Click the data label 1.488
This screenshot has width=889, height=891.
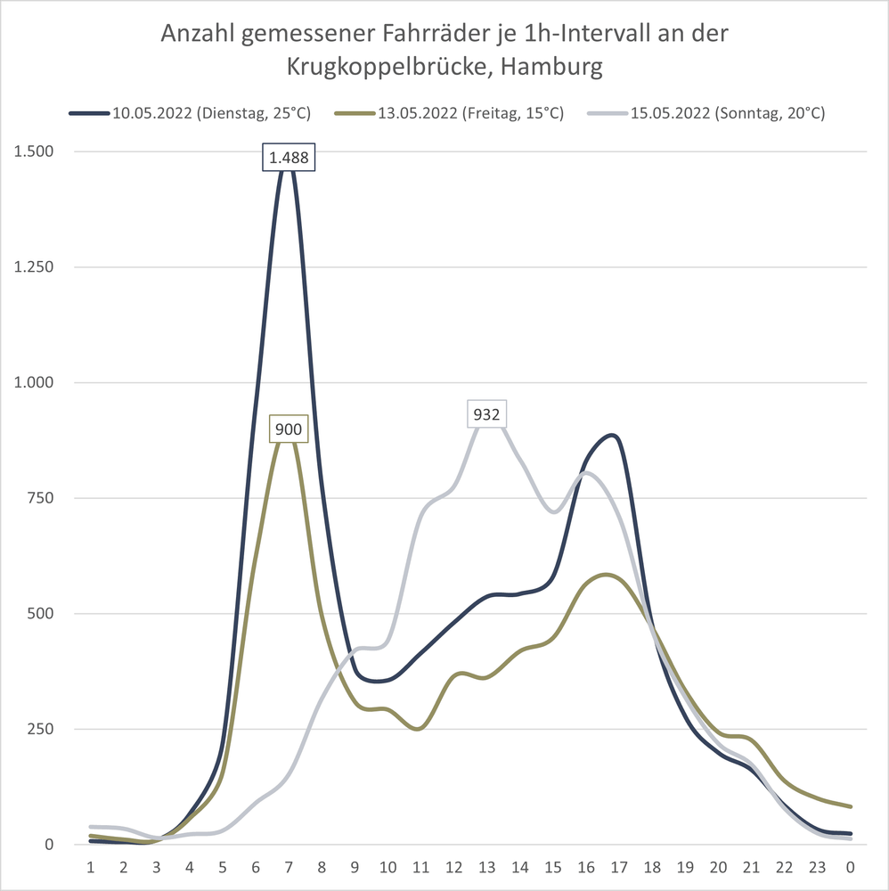coord(289,159)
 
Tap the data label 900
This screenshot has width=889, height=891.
coord(289,429)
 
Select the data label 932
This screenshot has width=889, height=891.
coord(487,413)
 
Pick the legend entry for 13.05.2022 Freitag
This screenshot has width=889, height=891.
coord(449,113)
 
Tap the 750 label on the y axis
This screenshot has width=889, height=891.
coord(39,498)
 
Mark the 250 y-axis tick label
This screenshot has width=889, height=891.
coord(39,729)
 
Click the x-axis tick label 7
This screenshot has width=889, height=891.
coord(289,867)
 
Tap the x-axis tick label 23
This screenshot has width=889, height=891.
coord(818,867)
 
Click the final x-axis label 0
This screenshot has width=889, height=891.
coord(851,867)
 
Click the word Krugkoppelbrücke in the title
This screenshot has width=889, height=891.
coord(388,67)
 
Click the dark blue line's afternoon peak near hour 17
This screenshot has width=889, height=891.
coord(611,436)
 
